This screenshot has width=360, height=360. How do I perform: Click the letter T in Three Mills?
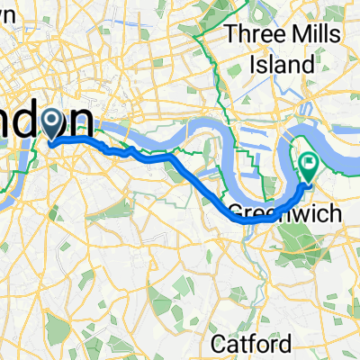[x=231, y=35]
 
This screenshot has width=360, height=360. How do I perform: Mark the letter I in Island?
[x=256, y=64]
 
